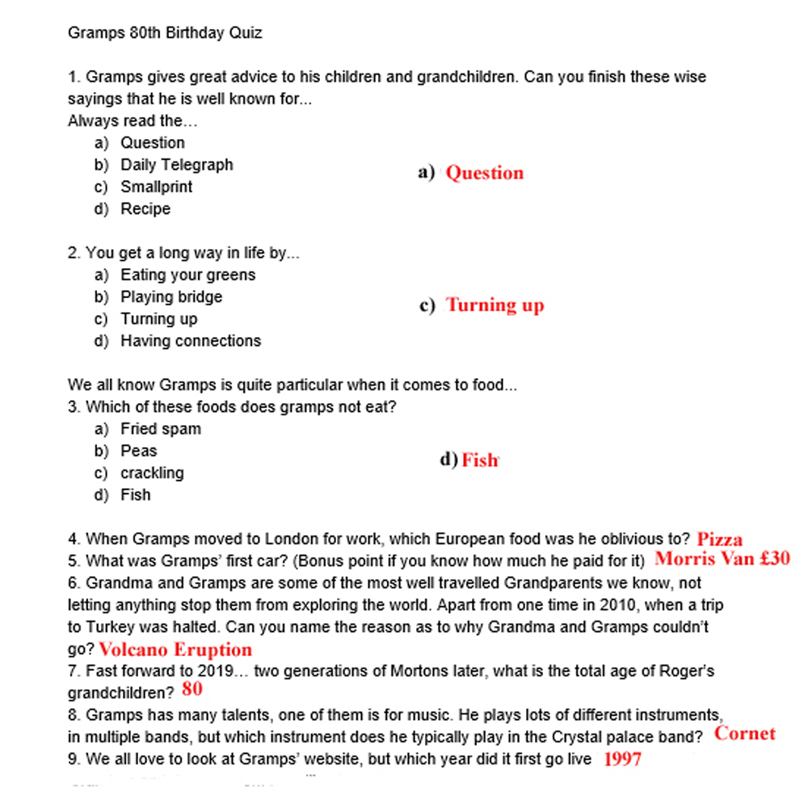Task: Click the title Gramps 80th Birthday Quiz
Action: coord(165,33)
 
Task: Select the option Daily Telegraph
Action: coord(176,165)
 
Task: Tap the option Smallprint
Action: coord(156,187)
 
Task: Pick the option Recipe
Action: coord(145,208)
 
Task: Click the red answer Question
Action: coord(484,173)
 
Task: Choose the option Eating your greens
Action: coord(187,275)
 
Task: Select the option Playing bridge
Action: coord(171,297)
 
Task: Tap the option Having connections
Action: coord(191,341)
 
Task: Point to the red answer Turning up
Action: coord(495,305)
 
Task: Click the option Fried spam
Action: coord(161,429)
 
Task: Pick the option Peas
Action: coord(139,451)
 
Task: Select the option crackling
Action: coord(152,473)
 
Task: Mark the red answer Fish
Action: coord(480,461)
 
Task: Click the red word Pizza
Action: coord(719,539)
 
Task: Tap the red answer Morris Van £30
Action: coord(722,558)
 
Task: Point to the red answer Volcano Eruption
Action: coord(175,650)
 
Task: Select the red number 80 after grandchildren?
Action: coord(192,689)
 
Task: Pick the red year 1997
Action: coord(622,759)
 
